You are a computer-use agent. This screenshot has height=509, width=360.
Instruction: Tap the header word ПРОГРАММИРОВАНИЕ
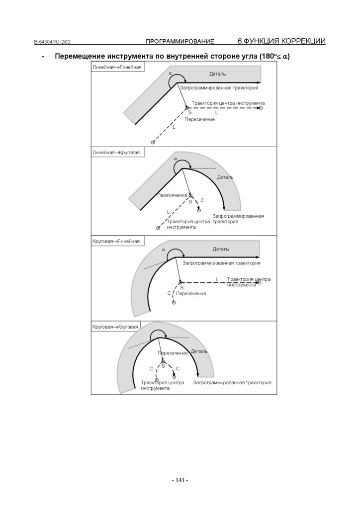[x=180, y=41]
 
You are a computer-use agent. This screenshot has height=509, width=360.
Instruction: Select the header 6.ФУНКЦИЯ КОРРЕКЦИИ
[x=281, y=41]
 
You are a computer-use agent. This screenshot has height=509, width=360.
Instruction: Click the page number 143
[x=180, y=480]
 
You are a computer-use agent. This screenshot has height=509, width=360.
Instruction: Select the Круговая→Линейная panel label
[x=116, y=242]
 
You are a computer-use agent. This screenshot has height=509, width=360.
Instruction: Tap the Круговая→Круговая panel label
[x=115, y=327]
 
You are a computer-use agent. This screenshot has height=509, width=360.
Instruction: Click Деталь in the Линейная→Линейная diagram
[x=217, y=74]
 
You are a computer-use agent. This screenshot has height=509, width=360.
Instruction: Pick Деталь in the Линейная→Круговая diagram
[x=225, y=177]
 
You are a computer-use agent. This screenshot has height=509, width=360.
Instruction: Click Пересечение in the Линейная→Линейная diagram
[x=199, y=120]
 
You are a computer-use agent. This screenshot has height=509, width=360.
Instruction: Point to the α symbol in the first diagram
[x=170, y=73]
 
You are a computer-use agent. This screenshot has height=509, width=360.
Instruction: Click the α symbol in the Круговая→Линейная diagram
[x=163, y=250]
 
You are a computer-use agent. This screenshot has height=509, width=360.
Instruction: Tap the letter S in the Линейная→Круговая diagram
[x=190, y=202]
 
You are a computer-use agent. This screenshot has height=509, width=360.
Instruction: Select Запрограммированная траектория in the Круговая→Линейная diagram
[x=221, y=263]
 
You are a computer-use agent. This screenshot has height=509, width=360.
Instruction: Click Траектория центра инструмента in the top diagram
[x=228, y=103]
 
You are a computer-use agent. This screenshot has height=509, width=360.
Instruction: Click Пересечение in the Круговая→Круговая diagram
[x=173, y=353]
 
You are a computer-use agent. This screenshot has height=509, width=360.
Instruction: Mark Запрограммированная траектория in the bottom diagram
[x=232, y=383]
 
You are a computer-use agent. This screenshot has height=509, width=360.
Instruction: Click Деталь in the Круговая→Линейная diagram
[x=221, y=249]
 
